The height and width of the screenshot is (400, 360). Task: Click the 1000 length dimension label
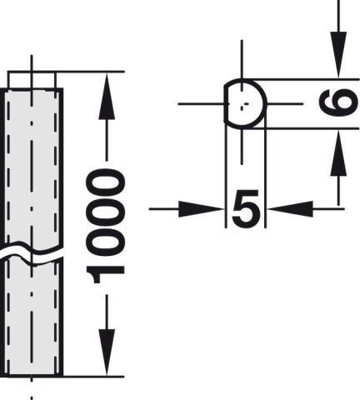click(x=105, y=226)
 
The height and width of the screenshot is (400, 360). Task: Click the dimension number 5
click(x=246, y=208)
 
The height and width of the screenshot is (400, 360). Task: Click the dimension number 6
click(x=337, y=102)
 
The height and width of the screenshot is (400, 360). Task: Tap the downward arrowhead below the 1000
click(x=107, y=352)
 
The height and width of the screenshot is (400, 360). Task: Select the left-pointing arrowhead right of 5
click(x=290, y=209)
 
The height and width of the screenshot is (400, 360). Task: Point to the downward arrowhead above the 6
click(x=338, y=55)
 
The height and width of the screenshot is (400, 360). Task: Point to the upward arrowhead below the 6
click(x=338, y=152)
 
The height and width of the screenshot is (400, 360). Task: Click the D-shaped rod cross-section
click(x=245, y=103)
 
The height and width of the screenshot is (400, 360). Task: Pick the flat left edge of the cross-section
click(x=225, y=103)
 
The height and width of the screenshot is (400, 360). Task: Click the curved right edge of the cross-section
click(x=263, y=103)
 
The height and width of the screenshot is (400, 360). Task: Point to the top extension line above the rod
click(x=66, y=72)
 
